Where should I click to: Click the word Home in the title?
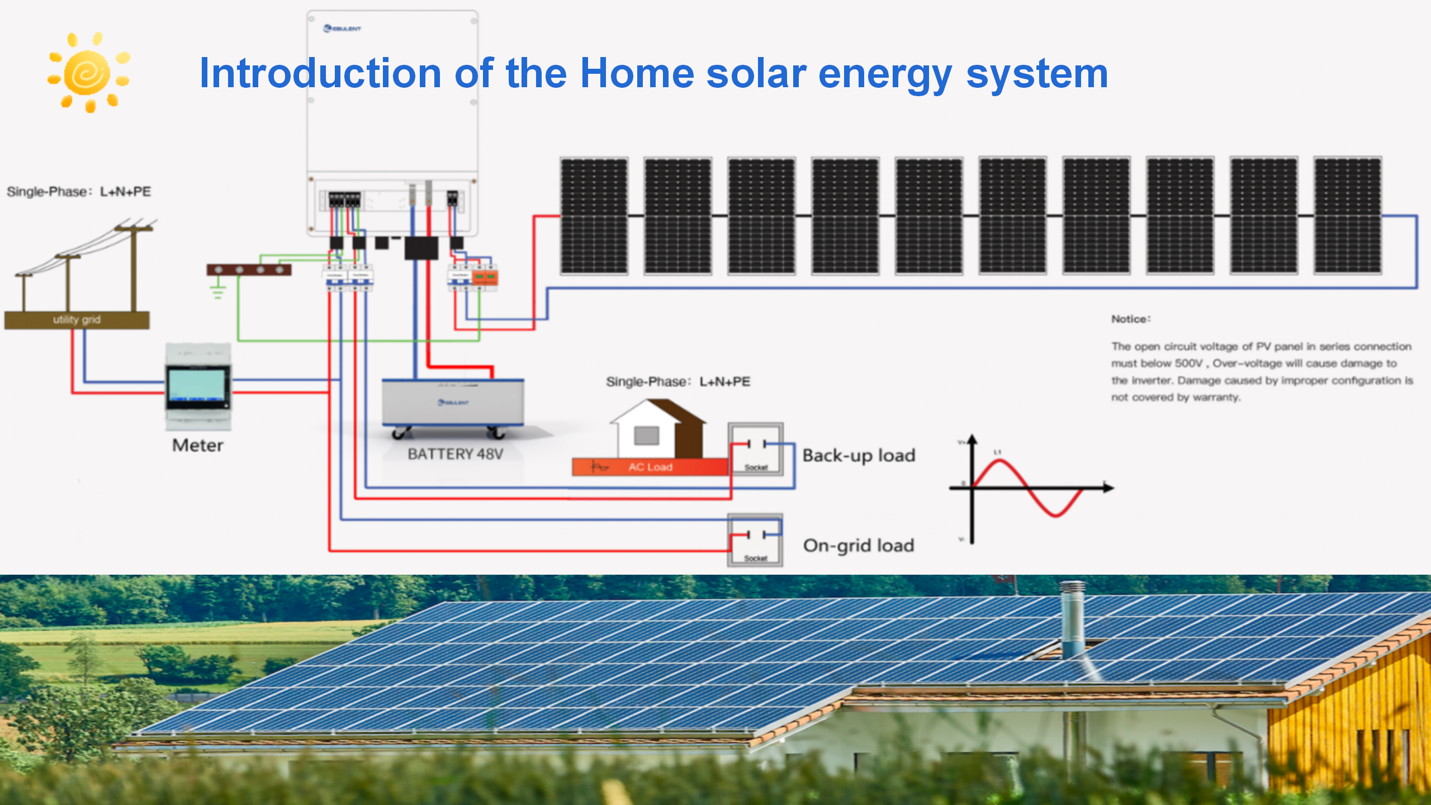(637, 73)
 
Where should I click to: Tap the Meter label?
(197, 446)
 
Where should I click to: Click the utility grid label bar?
(77, 320)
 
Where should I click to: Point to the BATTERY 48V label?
(455, 454)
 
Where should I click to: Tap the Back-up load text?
(859, 456)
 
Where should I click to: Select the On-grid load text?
(859, 546)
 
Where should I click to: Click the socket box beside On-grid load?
(755, 540)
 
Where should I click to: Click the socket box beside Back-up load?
(756, 449)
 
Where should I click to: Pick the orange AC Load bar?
(650, 467)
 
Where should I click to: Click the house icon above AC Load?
(658, 428)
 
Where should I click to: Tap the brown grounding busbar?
(249, 270)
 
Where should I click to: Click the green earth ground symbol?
(217, 292)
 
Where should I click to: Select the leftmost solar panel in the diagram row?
(594, 216)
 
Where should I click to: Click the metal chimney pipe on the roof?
(1072, 618)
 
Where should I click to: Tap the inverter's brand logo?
(343, 29)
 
